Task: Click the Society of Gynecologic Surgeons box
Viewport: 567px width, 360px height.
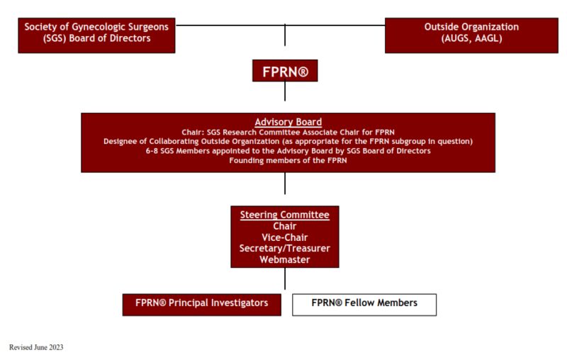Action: pyautogui.click(x=96, y=33)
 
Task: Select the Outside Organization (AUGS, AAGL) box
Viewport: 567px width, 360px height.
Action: pyautogui.click(x=471, y=33)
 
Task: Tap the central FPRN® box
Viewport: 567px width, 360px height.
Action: pyautogui.click(x=285, y=71)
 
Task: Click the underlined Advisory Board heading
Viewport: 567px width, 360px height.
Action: pyautogui.click(x=288, y=122)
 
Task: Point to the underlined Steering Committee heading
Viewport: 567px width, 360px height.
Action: pyautogui.click(x=284, y=215)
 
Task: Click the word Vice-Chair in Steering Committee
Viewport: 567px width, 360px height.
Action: pyautogui.click(x=284, y=237)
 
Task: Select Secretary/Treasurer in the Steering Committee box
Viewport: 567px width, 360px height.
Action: pyautogui.click(x=284, y=249)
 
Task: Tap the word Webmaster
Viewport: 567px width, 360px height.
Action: pyautogui.click(x=284, y=260)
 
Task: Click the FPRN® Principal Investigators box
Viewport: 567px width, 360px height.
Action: pyautogui.click(x=201, y=303)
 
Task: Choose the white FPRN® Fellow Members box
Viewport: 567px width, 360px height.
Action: pyautogui.click(x=364, y=303)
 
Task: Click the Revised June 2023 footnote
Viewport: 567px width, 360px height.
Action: pyautogui.click(x=36, y=348)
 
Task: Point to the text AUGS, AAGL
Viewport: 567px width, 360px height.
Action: pyautogui.click(x=471, y=39)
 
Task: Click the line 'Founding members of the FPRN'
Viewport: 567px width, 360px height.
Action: pyautogui.click(x=288, y=161)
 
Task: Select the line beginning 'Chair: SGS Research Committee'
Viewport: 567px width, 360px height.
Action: pyautogui.click(x=288, y=132)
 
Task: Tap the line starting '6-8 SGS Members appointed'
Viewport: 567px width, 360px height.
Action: pyautogui.click(x=288, y=151)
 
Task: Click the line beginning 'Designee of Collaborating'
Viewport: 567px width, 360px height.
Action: pyautogui.click(x=288, y=141)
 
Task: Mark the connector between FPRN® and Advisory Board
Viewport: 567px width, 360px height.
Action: pyautogui.click(x=285, y=91)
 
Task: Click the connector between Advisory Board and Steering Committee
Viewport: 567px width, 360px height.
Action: pyautogui.click(x=285, y=184)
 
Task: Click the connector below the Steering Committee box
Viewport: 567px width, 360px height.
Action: pyautogui.click(x=285, y=278)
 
